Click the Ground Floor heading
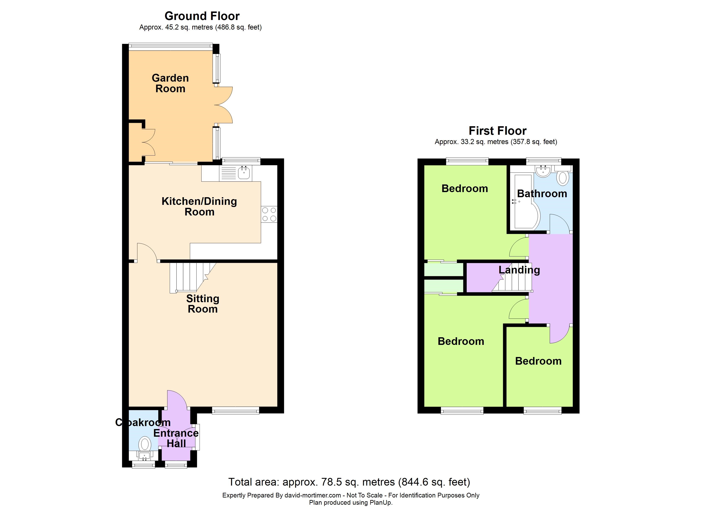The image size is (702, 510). point(202,16)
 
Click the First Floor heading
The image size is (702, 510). point(497,131)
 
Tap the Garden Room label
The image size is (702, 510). point(170,83)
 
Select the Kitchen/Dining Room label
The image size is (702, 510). point(199,207)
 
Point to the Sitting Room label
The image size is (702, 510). point(203,304)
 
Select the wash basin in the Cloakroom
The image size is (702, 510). point(144,456)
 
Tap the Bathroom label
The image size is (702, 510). point(542,194)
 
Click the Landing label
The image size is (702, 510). point(519,270)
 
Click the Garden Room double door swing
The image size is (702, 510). point(223,105)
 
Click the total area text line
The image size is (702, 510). point(349,482)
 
